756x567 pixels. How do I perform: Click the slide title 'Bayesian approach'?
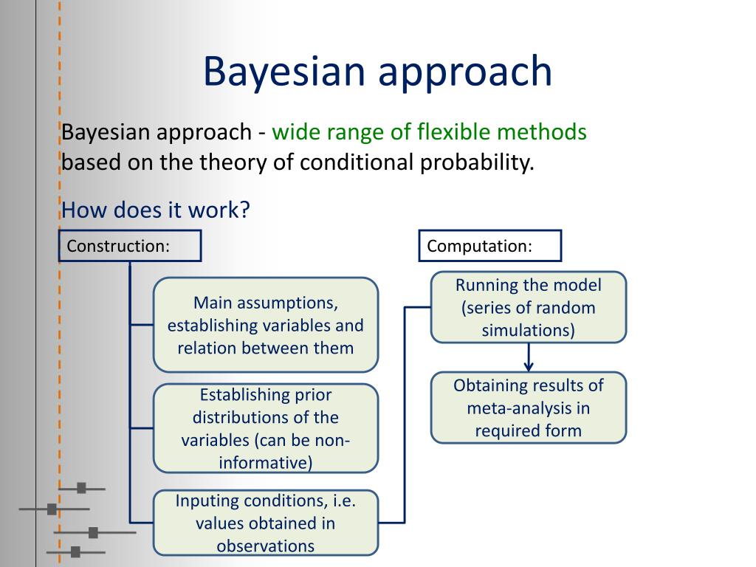pyautogui.click(x=377, y=72)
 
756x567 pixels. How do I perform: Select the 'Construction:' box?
pyautogui.click(x=130, y=246)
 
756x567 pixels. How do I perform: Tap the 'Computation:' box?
pyautogui.click(x=490, y=246)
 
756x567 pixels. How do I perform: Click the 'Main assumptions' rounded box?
pyautogui.click(x=266, y=325)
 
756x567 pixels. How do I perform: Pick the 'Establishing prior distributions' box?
pyautogui.click(x=266, y=428)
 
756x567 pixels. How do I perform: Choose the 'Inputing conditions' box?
pyautogui.click(x=266, y=523)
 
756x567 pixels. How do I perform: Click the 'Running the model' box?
pyautogui.click(x=529, y=307)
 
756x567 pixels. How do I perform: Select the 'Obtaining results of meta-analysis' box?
pyautogui.click(x=529, y=408)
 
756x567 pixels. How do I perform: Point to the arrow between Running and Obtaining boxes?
pyautogui.click(x=529, y=358)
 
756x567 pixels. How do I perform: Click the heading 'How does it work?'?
pyautogui.click(x=156, y=210)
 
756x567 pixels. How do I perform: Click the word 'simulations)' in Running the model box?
pyautogui.click(x=529, y=330)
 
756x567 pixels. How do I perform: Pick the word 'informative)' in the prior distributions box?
pyautogui.click(x=266, y=463)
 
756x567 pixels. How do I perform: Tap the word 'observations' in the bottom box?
pyautogui.click(x=266, y=546)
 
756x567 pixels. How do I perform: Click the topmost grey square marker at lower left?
pyautogui.click(x=81, y=488)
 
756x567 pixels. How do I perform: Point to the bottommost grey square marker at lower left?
pyautogui.click(x=75, y=551)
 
